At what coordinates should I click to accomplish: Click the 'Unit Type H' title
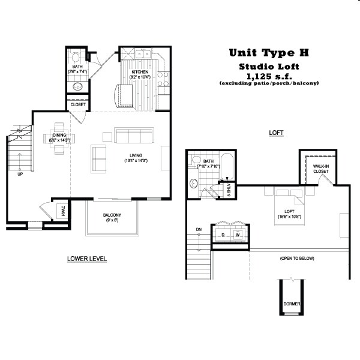pos(269,53)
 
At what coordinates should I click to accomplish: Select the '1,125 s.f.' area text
pos(268,76)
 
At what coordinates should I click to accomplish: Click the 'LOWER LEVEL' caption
pos(87,259)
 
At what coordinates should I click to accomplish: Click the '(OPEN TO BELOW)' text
pos(296,259)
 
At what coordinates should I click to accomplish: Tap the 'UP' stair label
pos(20,175)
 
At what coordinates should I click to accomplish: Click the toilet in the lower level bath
pos(75,58)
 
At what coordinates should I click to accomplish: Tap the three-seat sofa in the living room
pos(135,136)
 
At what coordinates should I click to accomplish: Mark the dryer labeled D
pos(223,234)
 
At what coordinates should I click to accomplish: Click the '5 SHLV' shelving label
pos(229,190)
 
